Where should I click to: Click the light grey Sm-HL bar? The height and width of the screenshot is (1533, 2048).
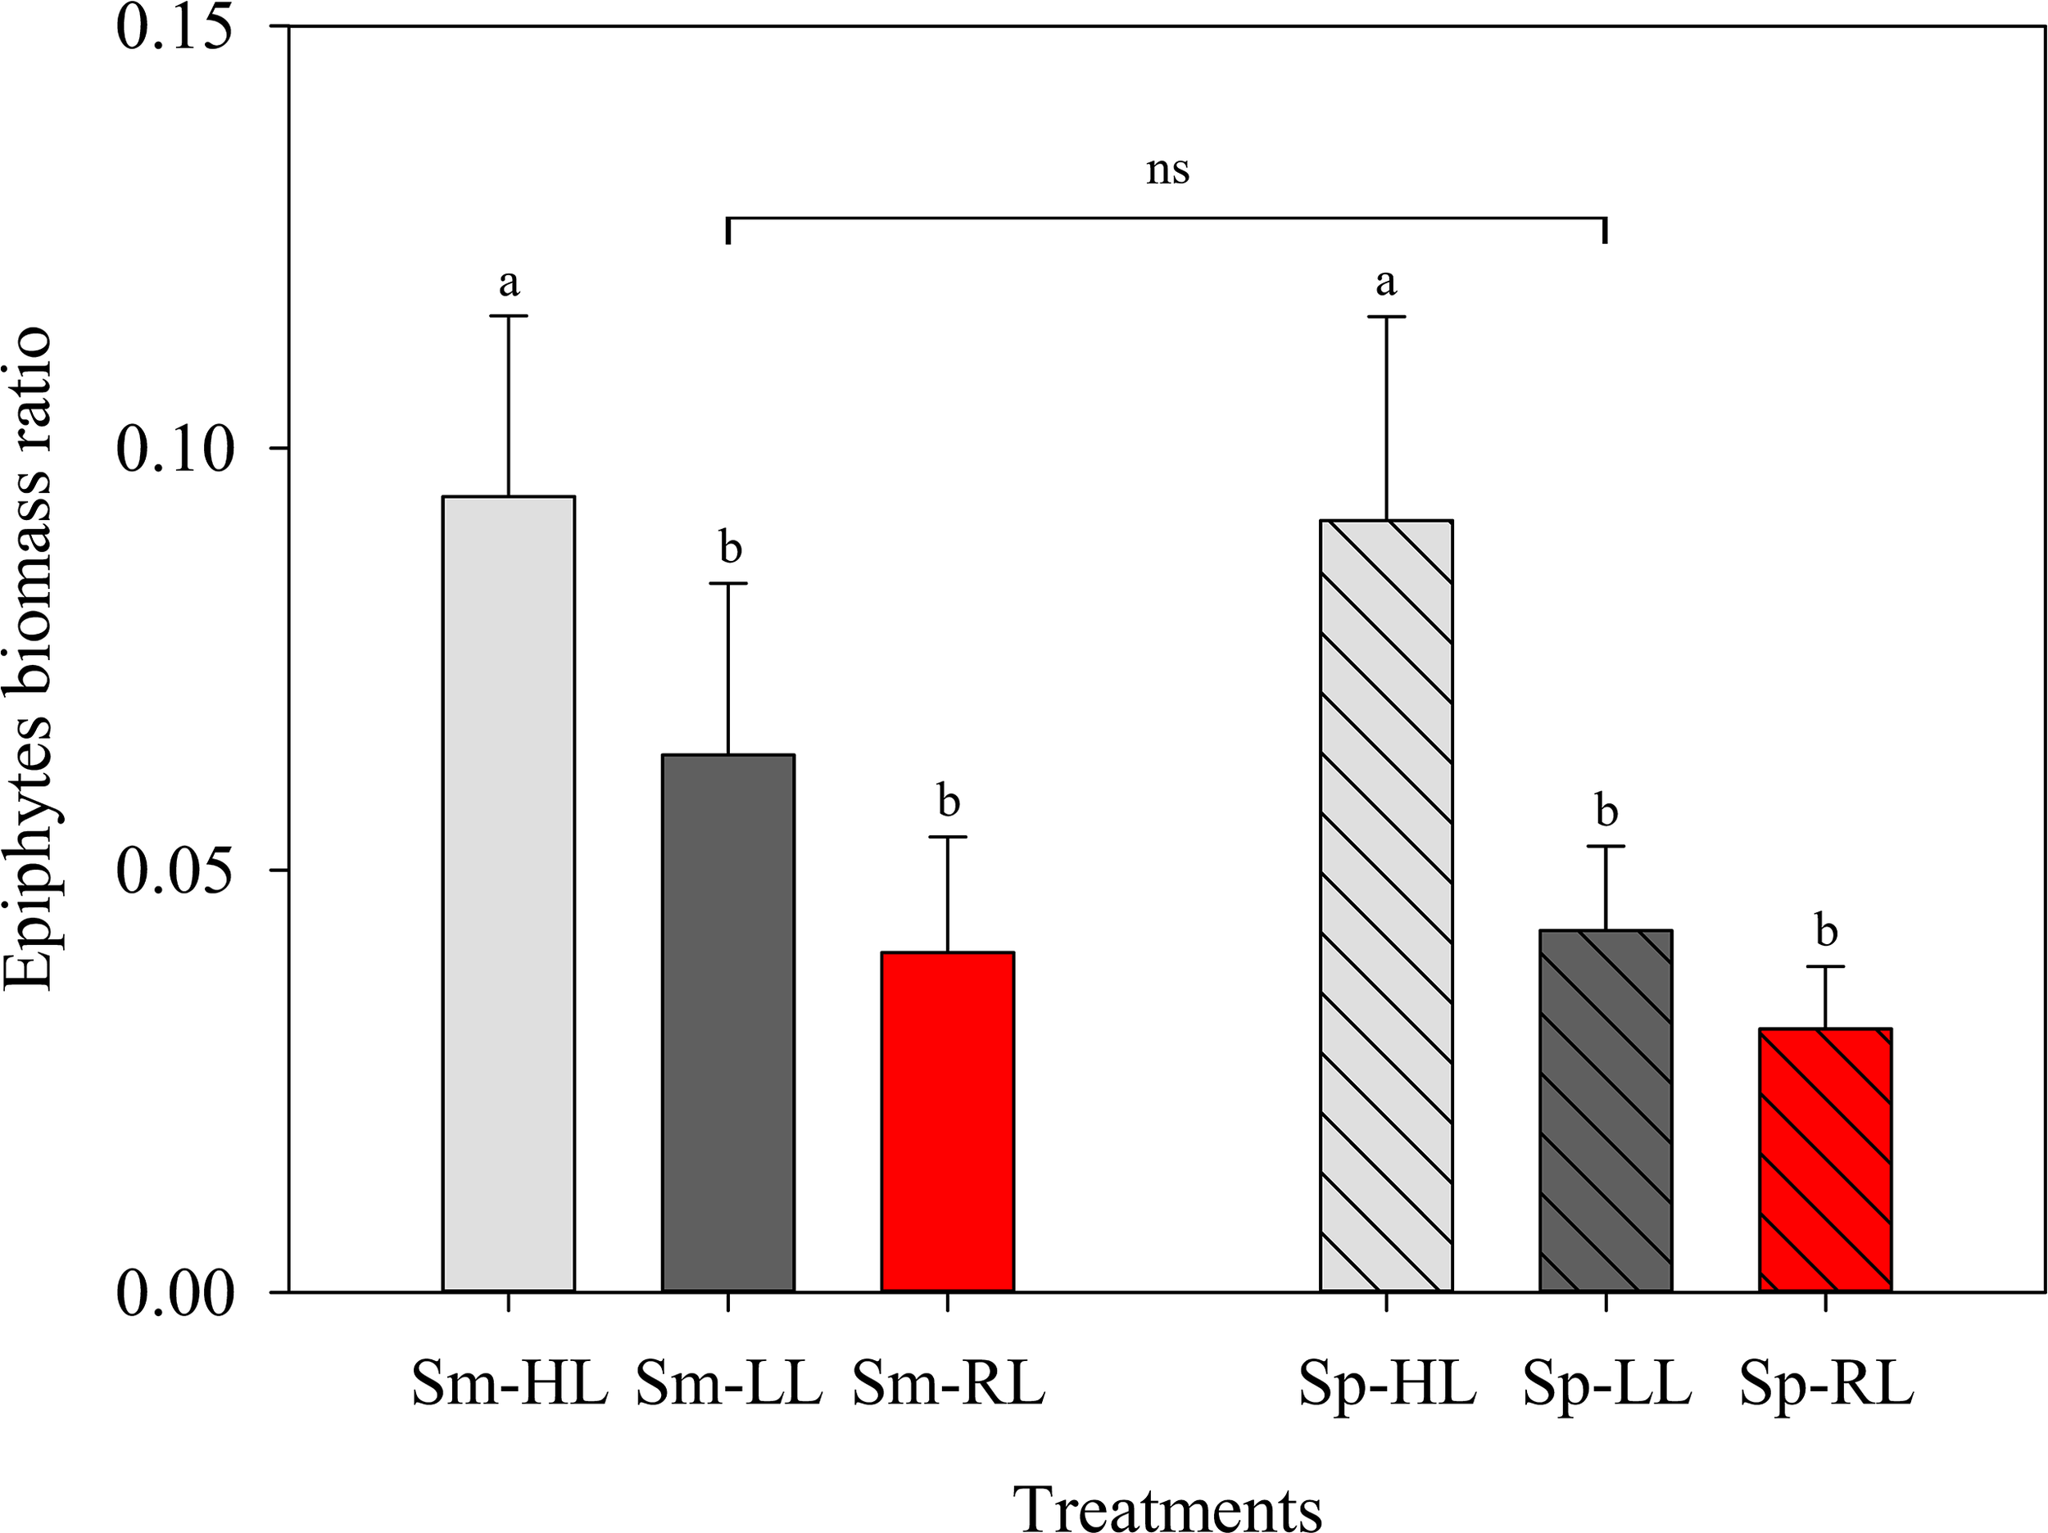(508, 893)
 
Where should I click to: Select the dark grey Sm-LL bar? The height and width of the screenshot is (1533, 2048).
(727, 1023)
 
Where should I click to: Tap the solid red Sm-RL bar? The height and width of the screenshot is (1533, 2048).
(947, 1121)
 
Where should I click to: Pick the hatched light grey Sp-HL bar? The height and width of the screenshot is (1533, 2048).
(1386, 906)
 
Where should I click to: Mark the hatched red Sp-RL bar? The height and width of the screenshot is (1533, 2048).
(1825, 1159)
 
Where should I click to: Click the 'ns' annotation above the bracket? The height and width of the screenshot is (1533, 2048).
(1167, 170)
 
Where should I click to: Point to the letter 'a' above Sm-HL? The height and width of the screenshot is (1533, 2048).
(508, 283)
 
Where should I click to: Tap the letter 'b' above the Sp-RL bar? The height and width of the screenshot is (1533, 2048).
(1826, 930)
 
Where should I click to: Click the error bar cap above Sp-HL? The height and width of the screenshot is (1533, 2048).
(1386, 317)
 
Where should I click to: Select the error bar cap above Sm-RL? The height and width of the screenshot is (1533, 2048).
(947, 837)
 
